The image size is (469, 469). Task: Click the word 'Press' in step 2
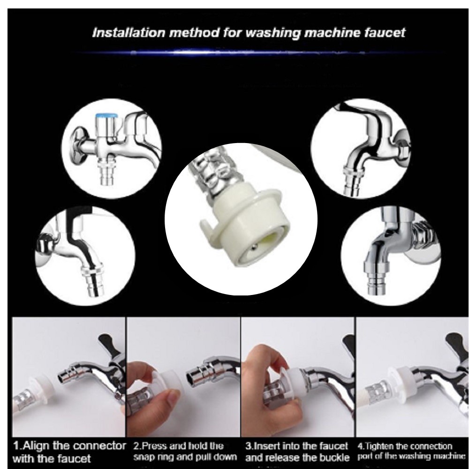click(149, 444)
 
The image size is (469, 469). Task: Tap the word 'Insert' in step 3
click(267, 444)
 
